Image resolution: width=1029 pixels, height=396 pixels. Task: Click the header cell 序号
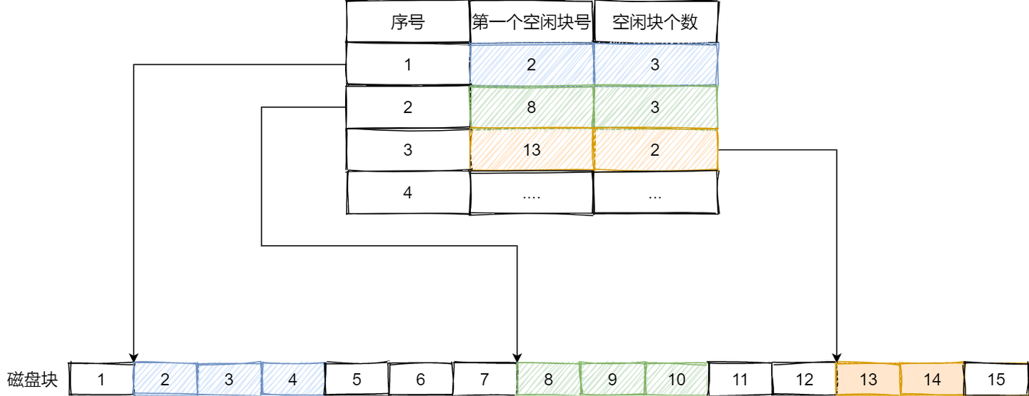pyautogui.click(x=407, y=22)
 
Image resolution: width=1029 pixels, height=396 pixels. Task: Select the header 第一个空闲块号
pyautogui.click(x=532, y=22)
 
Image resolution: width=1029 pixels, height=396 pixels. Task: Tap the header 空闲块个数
pyautogui.click(x=655, y=22)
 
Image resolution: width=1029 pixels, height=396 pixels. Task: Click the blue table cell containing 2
pyautogui.click(x=532, y=64)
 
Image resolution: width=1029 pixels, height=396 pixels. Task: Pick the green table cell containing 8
pyautogui.click(x=532, y=107)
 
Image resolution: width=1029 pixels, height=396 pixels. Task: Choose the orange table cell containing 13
pyautogui.click(x=532, y=150)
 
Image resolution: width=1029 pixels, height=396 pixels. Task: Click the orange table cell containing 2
pyautogui.click(x=655, y=150)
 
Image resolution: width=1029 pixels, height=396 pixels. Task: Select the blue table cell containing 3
pyautogui.click(x=655, y=64)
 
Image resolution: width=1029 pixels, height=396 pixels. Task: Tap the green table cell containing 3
pyautogui.click(x=655, y=107)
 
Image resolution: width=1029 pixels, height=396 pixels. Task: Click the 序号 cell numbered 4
pyautogui.click(x=407, y=192)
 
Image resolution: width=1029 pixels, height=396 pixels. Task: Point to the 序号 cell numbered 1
pyautogui.click(x=407, y=64)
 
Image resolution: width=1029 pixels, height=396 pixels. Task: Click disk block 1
pyautogui.click(x=101, y=379)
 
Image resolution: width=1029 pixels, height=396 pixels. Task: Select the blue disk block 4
pyautogui.click(x=292, y=379)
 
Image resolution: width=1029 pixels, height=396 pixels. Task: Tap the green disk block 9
pyautogui.click(x=612, y=379)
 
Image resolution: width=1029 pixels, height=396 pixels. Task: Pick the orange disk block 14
pyautogui.click(x=932, y=379)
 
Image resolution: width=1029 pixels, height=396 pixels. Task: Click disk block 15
pyautogui.click(x=995, y=379)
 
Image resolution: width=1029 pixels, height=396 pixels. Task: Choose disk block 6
pyautogui.click(x=420, y=379)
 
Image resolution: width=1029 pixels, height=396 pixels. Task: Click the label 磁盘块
pyautogui.click(x=32, y=379)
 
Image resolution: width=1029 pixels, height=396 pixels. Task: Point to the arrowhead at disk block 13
pyautogui.click(x=837, y=357)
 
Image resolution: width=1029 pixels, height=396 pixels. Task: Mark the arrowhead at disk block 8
pyautogui.click(x=517, y=357)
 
